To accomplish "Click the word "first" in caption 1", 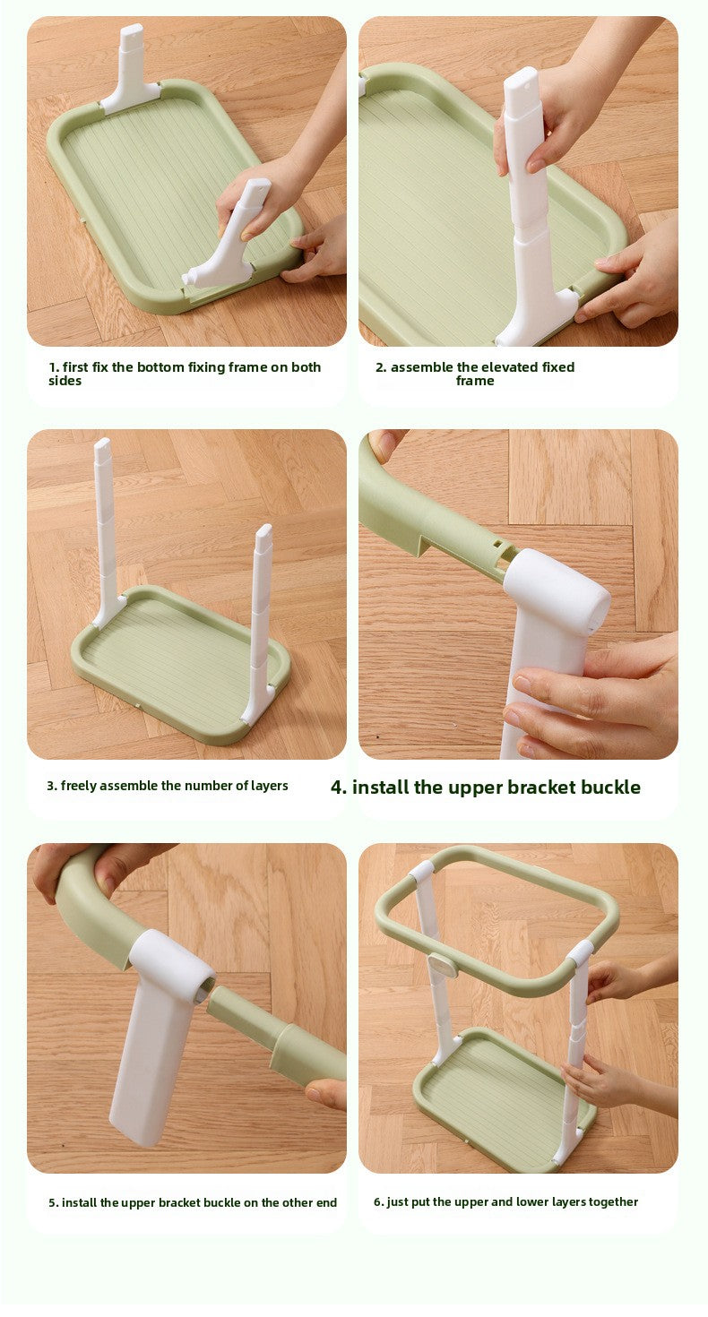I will click(x=76, y=367).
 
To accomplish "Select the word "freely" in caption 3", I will click(x=78, y=786).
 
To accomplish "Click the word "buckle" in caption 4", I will click(x=609, y=788).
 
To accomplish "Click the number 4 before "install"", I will click(x=338, y=788).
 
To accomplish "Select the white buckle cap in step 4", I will click(x=557, y=591).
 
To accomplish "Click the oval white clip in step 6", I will click(x=442, y=965).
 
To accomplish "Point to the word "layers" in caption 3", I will click(x=268, y=786).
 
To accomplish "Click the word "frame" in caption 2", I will click(x=474, y=381).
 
